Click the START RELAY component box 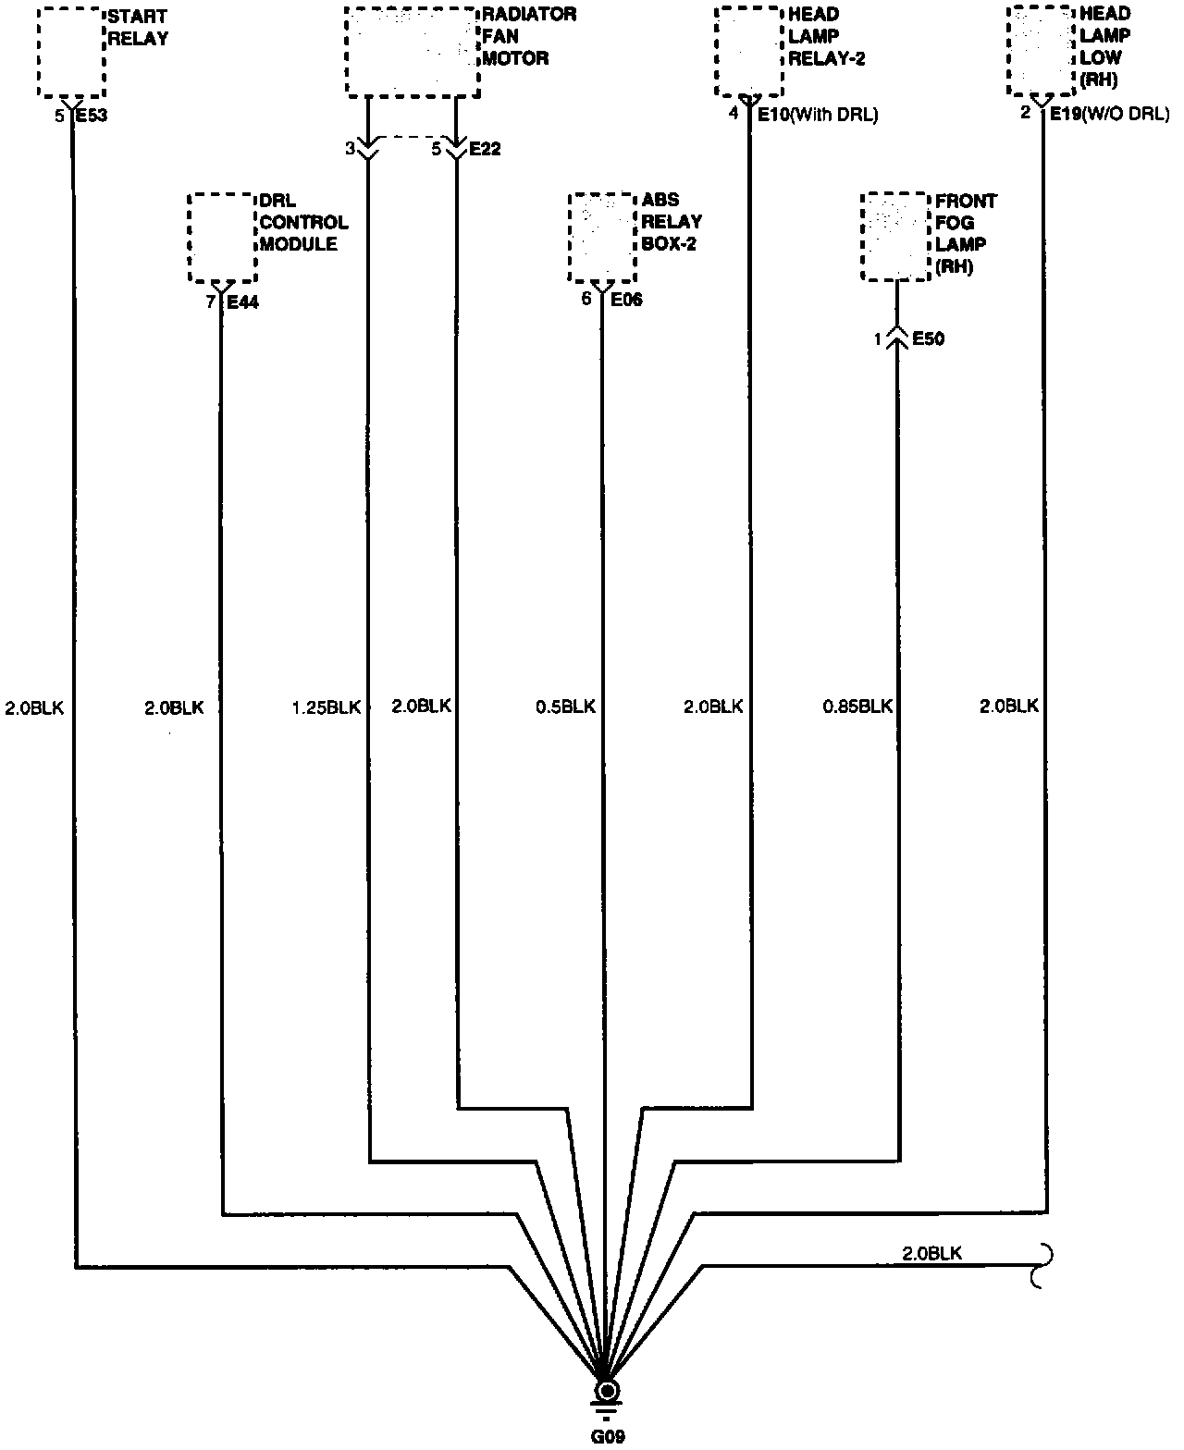[x=71, y=52]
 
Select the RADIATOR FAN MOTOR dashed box [x=413, y=52]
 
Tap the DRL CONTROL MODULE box [x=222, y=238]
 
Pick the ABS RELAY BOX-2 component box [x=602, y=238]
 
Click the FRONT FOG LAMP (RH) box [x=895, y=238]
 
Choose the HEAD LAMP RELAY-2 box [x=748, y=52]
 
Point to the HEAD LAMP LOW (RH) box [x=1042, y=52]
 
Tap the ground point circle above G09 [x=607, y=1392]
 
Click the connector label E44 [x=242, y=301]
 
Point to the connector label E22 [x=485, y=149]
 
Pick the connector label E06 [x=625, y=300]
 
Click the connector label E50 [x=928, y=339]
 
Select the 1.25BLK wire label [x=325, y=707]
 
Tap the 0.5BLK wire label [x=565, y=707]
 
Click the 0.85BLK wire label [x=857, y=707]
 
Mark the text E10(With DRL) [x=817, y=116]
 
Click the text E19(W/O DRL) [x=1109, y=115]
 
